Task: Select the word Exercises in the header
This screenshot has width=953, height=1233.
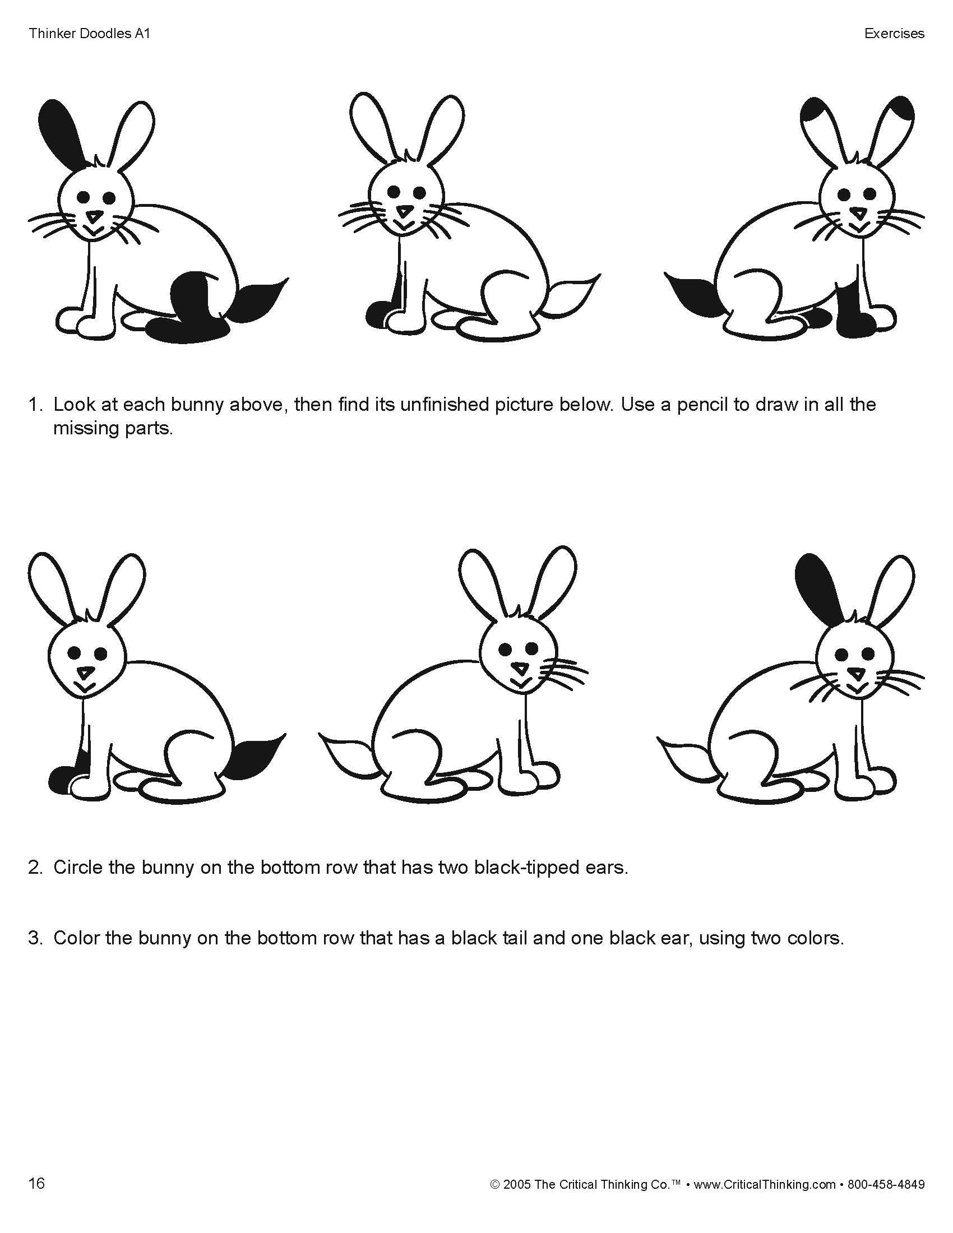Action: pyautogui.click(x=894, y=34)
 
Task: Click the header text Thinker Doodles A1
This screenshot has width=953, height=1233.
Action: pyautogui.click(x=89, y=34)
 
